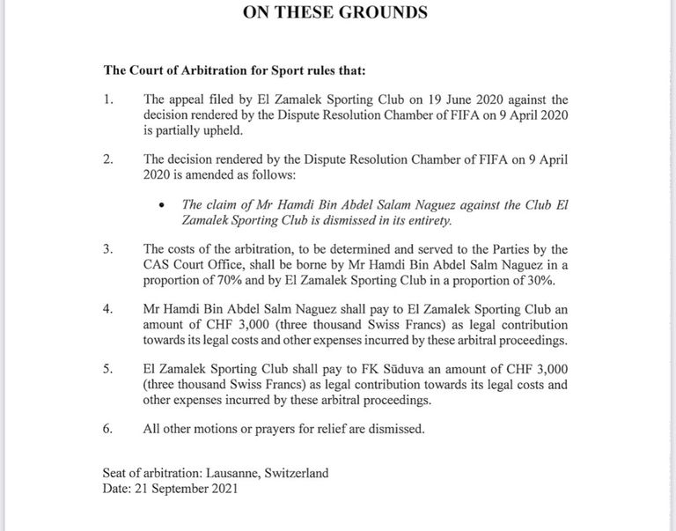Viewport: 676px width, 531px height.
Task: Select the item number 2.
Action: point(107,159)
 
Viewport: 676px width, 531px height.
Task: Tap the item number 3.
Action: point(107,248)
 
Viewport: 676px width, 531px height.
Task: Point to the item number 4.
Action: point(107,310)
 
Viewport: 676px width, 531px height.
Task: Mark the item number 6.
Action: point(107,430)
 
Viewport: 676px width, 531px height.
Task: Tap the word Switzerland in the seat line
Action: point(294,473)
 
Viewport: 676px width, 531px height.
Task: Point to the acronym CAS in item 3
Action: point(158,264)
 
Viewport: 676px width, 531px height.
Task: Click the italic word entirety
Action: point(426,219)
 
